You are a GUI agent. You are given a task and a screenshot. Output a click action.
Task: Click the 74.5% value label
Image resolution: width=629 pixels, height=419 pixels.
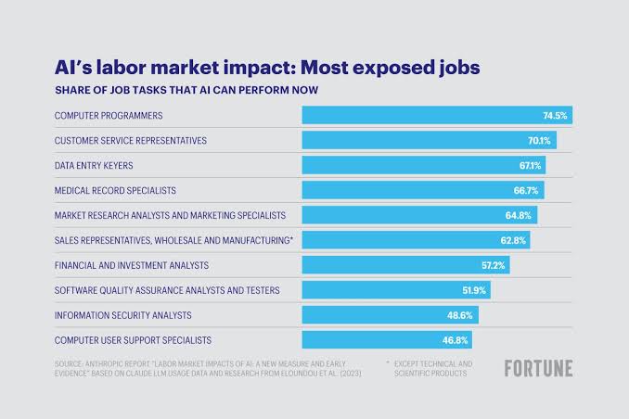555,116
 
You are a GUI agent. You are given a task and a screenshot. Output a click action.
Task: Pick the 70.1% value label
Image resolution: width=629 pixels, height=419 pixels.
540,141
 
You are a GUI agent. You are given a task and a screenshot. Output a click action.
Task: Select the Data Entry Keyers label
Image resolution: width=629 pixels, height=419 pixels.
95,165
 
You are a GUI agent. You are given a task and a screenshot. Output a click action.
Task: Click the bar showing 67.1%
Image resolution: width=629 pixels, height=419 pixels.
423,165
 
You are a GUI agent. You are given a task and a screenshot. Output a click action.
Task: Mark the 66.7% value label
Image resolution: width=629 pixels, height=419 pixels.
529,190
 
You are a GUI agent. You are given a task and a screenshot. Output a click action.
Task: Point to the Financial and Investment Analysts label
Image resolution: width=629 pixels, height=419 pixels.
138,265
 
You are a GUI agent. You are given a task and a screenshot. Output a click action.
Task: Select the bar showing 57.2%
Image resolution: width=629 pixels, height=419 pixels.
405,265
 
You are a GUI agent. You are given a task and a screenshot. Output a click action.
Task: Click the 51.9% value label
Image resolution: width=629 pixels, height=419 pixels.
475,290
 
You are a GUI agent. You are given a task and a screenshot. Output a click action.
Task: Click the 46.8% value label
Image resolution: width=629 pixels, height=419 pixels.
456,340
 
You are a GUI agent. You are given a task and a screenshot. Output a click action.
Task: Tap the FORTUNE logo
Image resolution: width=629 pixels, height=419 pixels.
538,368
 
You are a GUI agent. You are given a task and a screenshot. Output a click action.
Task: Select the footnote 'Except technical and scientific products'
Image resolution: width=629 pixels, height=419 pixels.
433,368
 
